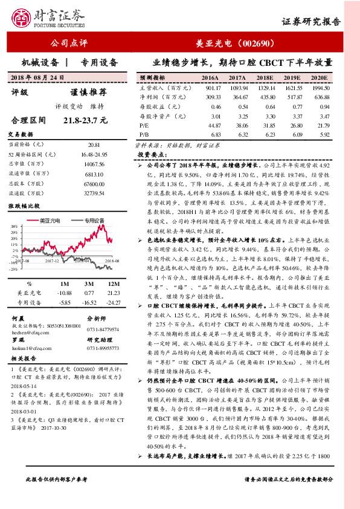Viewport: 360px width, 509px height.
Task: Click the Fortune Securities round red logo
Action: (x=24, y=20)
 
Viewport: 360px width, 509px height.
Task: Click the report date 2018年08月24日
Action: (x=37, y=78)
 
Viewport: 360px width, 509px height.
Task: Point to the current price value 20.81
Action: (x=93, y=145)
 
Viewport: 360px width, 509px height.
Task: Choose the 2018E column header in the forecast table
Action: (x=264, y=78)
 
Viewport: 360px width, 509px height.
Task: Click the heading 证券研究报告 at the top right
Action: (x=311, y=22)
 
